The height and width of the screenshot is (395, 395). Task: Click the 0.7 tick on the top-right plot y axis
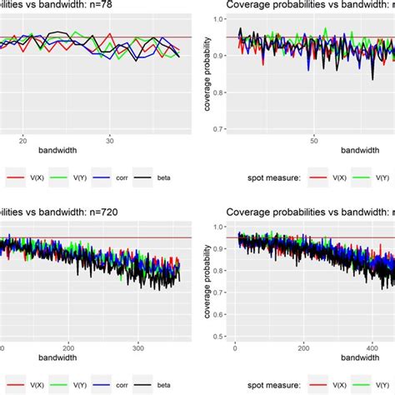click(x=218, y=129)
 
